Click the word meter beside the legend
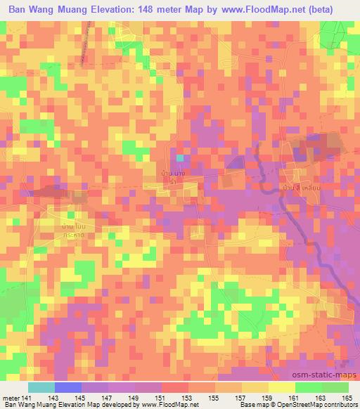click(x=11, y=398)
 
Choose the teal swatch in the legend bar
click(x=41, y=387)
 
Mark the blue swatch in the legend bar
click(x=68, y=387)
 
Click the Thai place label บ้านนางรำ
click(x=173, y=174)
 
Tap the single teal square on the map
click(x=181, y=158)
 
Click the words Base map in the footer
click(x=233, y=405)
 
